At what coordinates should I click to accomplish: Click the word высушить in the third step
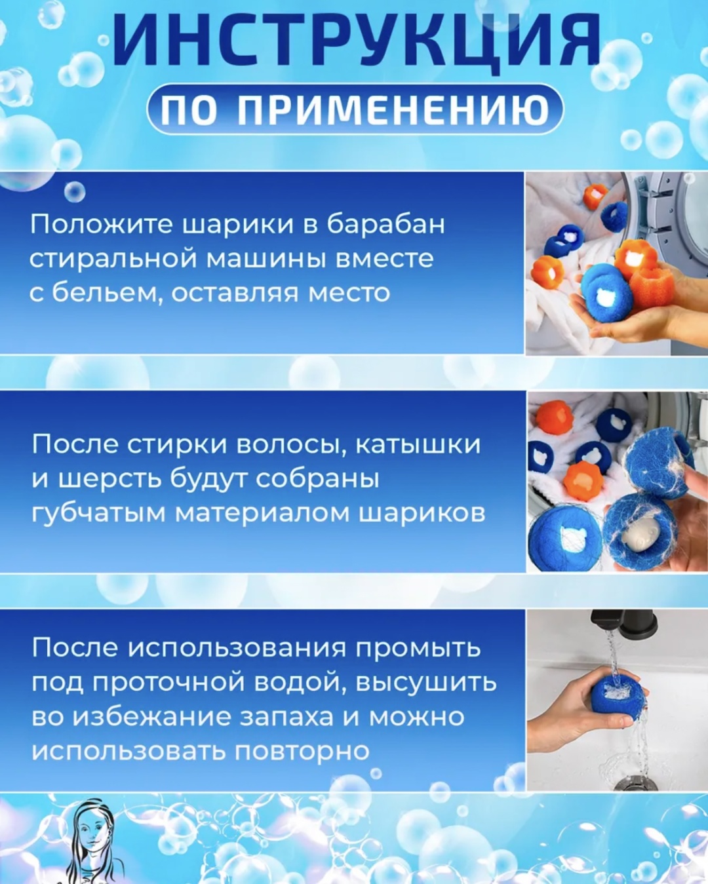tap(425, 683)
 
